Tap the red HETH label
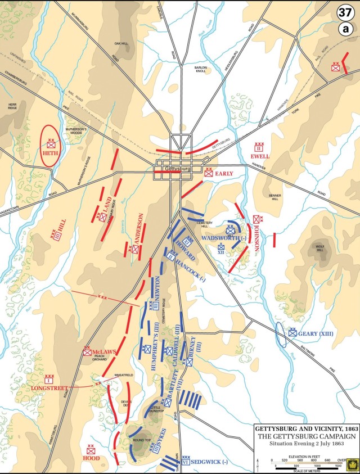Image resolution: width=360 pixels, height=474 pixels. (51, 154)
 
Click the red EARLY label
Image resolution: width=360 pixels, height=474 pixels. (223, 174)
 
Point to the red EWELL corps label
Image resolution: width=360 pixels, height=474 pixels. (260, 156)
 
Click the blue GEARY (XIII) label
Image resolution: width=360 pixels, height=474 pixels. (316, 333)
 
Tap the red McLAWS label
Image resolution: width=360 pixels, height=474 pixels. (105, 352)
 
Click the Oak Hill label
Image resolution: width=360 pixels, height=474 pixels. (121, 43)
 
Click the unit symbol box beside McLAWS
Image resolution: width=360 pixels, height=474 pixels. (87, 352)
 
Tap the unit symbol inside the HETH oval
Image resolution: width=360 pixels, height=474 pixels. (51, 145)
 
